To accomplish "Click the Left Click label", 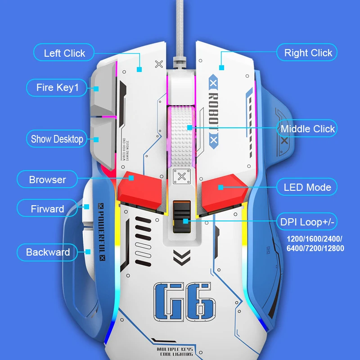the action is tap(64, 53).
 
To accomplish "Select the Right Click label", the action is tap(308, 53).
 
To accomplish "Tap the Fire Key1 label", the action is tap(57, 87).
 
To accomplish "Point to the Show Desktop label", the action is tap(57, 139).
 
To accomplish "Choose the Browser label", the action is tap(47, 180).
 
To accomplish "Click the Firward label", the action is tap(47, 209).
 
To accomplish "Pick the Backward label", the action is tap(48, 252).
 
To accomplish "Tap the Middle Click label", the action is tap(307, 129).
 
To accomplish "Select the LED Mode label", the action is tap(307, 187).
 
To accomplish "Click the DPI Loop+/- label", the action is tap(308, 221).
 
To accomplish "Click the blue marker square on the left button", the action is tap(139, 70).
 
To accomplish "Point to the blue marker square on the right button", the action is tap(221, 67).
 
